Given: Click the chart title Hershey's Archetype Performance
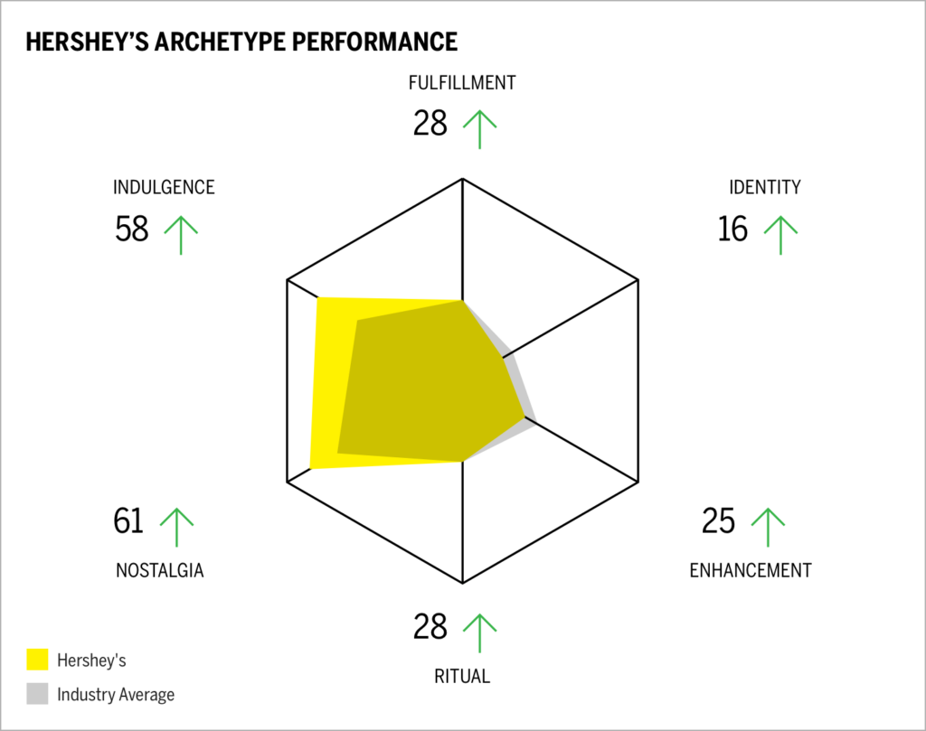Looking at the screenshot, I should tap(241, 42).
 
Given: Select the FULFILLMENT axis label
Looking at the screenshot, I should tap(462, 83).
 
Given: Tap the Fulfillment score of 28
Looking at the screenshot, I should tap(430, 123).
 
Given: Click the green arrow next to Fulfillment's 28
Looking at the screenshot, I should tap(479, 128).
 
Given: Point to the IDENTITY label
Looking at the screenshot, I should tap(764, 188).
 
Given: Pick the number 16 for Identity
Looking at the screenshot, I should tap(732, 230).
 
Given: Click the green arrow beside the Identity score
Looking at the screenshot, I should tap(780, 234).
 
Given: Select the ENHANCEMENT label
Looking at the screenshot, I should tap(750, 570).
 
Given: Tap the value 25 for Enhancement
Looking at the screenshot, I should tap(719, 521).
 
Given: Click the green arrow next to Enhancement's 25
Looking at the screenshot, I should tap(768, 527).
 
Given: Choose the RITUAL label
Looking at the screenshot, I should tap(462, 676).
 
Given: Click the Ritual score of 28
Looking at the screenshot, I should tap(430, 626).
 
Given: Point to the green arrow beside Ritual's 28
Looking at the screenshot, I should tap(479, 633).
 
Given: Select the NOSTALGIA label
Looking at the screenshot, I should tap(159, 570).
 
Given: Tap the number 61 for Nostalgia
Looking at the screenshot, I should tap(129, 521).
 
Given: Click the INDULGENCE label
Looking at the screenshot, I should tap(164, 188).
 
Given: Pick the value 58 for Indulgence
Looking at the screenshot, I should tap(132, 230).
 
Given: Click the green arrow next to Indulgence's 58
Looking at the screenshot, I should tap(181, 234).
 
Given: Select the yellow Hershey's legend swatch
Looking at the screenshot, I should tap(37, 659).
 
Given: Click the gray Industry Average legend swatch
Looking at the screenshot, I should tap(37, 694).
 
